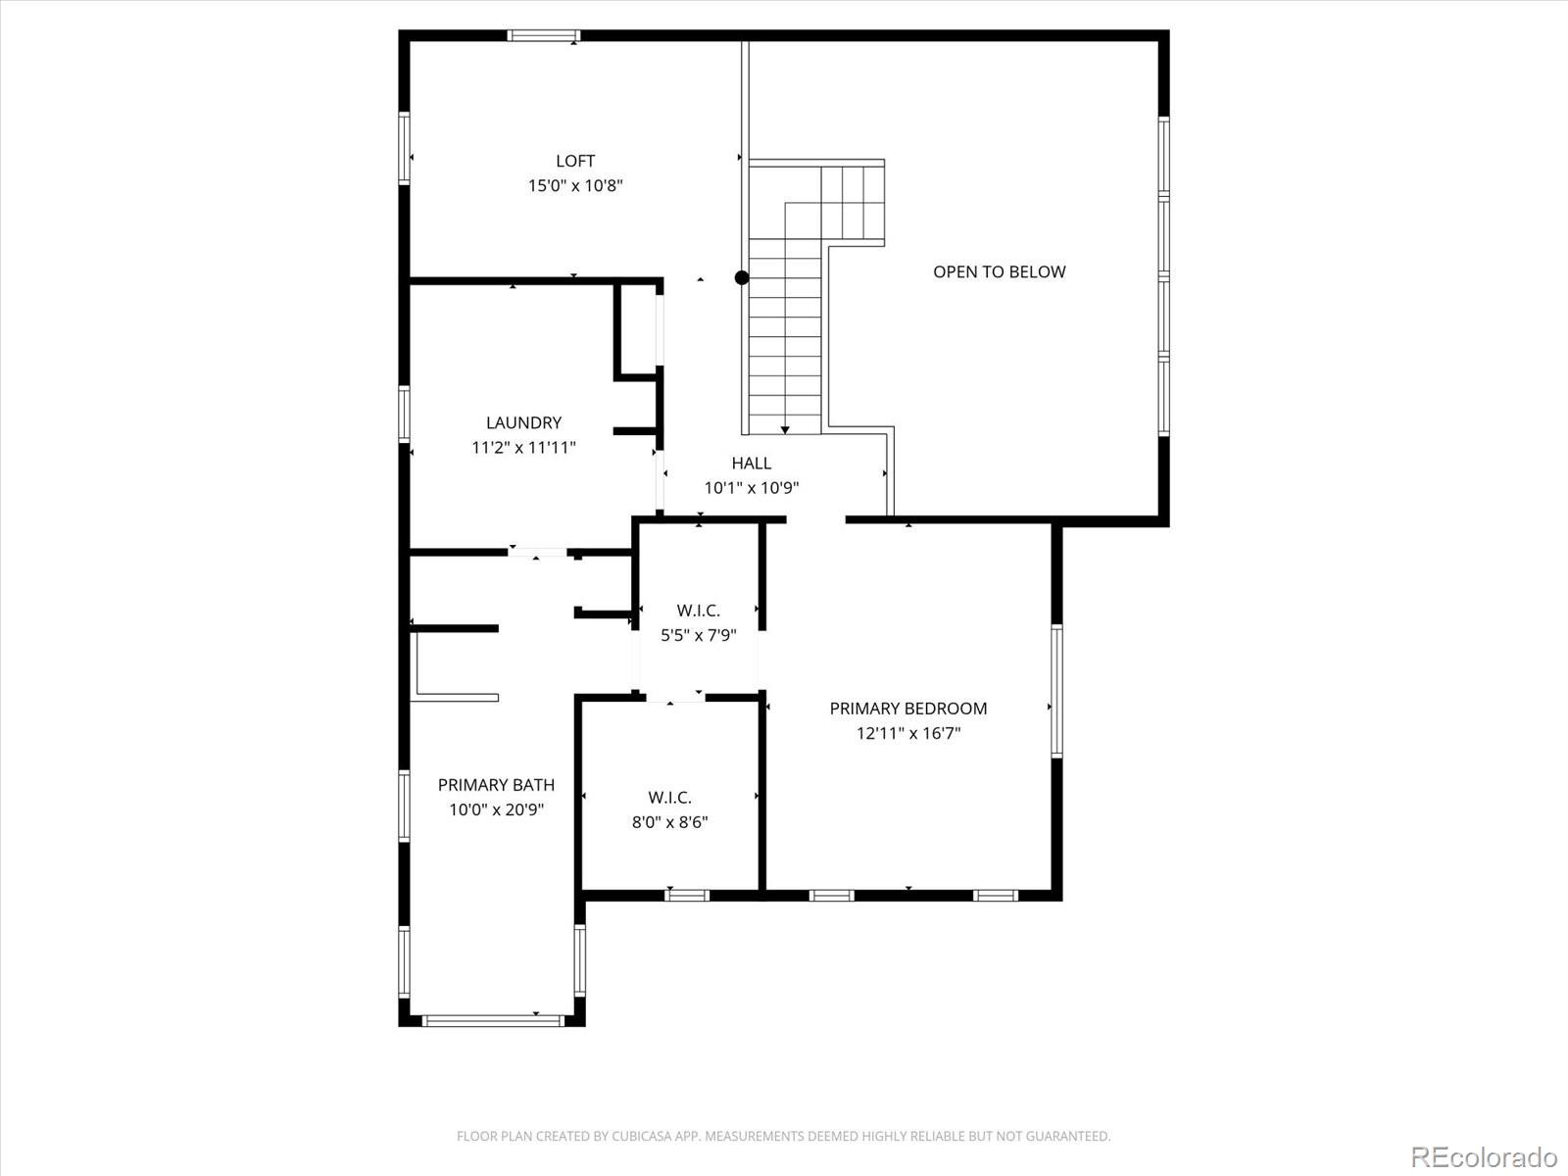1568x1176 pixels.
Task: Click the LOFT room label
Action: pos(575,161)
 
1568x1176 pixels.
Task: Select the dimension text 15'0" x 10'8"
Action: pos(575,185)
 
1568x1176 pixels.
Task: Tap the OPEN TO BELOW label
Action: pos(999,271)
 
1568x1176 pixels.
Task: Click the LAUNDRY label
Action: pos(523,422)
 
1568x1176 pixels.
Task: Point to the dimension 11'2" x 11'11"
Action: pos(523,448)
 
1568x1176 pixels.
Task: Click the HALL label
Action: pos(751,463)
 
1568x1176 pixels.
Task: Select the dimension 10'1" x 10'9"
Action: pos(752,488)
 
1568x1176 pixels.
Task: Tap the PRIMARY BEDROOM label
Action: pos(907,708)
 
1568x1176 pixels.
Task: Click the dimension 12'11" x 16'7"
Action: pos(907,733)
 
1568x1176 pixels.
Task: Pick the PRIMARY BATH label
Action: pos(496,784)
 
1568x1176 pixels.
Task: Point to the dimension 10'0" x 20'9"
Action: pos(496,809)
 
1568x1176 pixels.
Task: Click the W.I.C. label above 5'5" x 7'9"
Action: pos(698,611)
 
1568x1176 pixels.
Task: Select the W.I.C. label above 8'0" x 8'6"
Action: pos(669,798)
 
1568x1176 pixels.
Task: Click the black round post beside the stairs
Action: pos(742,278)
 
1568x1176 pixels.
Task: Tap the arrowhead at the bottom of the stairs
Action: pos(785,429)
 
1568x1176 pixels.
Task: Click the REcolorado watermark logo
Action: pos(1484,1156)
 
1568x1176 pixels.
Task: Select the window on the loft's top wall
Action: pos(543,36)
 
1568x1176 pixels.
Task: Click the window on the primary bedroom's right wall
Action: pos(1056,691)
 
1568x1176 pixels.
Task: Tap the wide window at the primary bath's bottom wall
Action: pos(492,1020)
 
